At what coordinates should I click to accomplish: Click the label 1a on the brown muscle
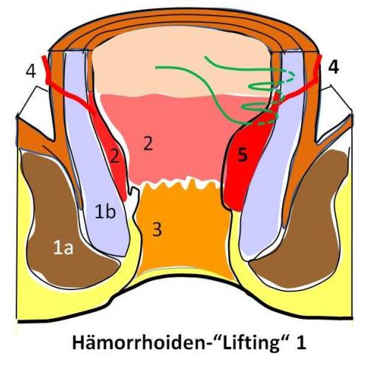63,248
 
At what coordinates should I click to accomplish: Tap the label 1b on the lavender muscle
106,212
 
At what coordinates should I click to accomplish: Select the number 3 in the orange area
157,229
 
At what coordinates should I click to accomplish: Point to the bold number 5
243,156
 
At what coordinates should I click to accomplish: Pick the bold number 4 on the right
334,66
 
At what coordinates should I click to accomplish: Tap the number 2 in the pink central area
148,143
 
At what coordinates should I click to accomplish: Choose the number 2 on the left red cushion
114,156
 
